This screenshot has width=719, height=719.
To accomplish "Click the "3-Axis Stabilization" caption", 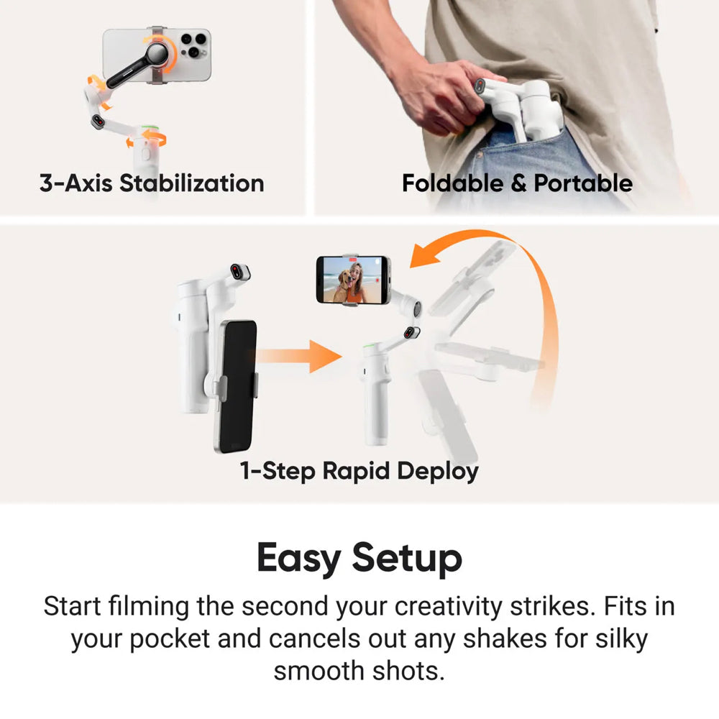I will coord(152,183).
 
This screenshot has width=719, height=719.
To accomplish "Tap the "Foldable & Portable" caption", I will coord(517,183).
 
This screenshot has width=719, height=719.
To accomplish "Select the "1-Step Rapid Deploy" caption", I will coord(359,471).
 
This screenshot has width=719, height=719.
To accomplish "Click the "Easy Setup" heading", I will coord(359,558).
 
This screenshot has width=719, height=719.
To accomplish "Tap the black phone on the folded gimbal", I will coord(237,385).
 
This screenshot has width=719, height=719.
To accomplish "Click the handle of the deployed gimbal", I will coord(376,410).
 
